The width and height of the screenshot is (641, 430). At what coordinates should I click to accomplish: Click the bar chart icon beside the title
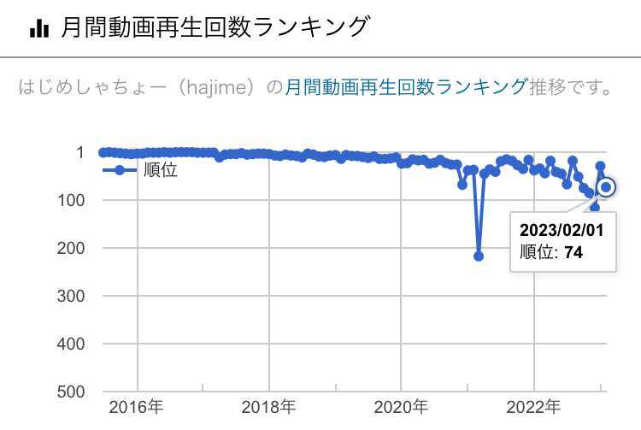pyautogui.click(x=38, y=29)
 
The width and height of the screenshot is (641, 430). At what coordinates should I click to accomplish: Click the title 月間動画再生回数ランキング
pyautogui.click(x=215, y=28)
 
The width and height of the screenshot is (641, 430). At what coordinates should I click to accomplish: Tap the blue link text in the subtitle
pyautogui.click(x=405, y=87)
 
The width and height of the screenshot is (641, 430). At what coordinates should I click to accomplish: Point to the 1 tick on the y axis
pyautogui.click(x=79, y=153)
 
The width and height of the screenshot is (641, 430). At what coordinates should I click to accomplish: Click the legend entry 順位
pyautogui.click(x=160, y=170)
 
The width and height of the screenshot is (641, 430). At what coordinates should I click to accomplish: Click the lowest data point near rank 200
pyautogui.click(x=479, y=256)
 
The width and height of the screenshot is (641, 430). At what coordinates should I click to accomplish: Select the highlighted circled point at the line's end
pyautogui.click(x=607, y=187)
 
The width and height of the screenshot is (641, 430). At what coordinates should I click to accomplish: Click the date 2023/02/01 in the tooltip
pyautogui.click(x=562, y=230)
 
